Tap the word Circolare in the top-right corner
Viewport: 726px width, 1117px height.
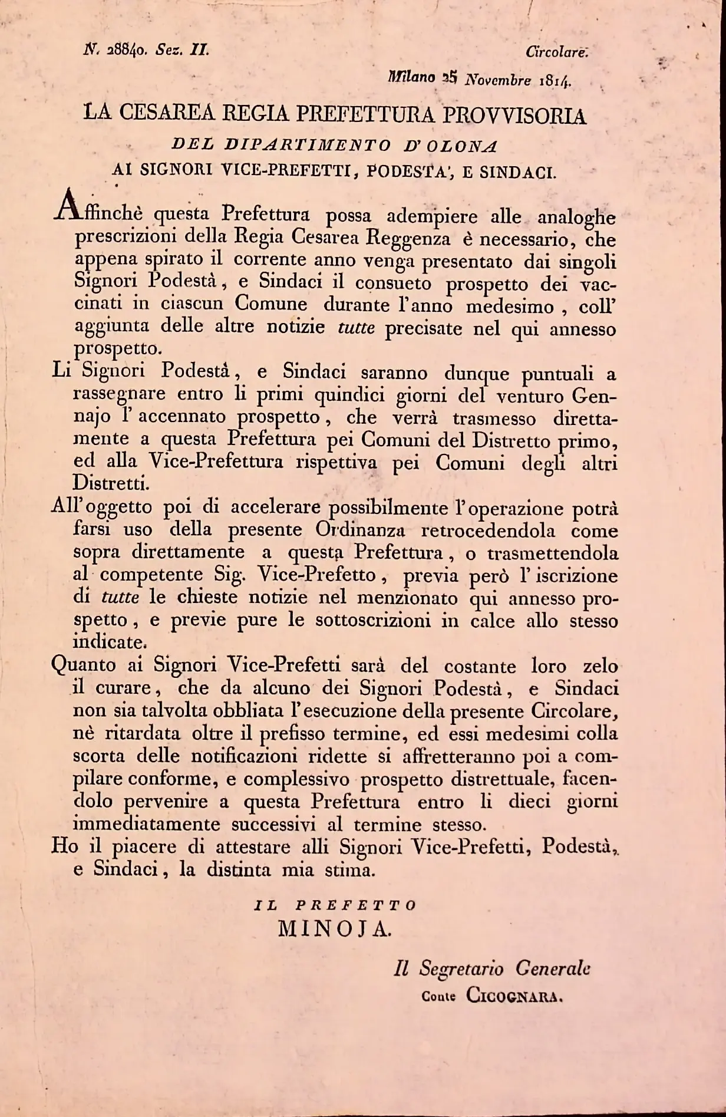point(556,52)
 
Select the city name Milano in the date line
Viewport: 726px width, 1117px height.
point(411,77)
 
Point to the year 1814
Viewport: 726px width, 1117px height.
point(555,81)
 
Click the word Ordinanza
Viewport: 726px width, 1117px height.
point(360,530)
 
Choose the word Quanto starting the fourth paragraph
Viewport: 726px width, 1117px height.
point(83,666)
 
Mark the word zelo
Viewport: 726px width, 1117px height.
point(600,667)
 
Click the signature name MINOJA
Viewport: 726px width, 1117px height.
point(334,929)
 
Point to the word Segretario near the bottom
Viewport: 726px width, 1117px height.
point(461,969)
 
